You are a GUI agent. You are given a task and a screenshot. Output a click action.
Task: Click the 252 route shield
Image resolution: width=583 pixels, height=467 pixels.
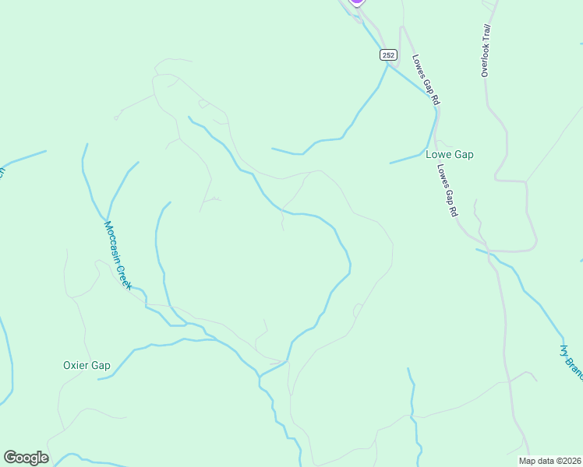[389, 54]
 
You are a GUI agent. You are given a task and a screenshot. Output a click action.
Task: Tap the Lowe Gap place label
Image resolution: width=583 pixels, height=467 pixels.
[450, 154]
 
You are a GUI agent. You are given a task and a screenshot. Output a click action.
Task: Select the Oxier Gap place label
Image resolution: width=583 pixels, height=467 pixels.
[87, 365]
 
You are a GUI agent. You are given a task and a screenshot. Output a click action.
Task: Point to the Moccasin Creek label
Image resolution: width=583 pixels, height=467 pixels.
[118, 255]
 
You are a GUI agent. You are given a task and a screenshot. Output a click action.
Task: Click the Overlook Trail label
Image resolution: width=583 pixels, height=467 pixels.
[486, 51]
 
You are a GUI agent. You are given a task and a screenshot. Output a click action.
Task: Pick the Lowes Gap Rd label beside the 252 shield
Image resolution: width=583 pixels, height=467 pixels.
[426, 79]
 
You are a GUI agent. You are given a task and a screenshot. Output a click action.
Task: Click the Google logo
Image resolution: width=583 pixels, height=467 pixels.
[26, 458]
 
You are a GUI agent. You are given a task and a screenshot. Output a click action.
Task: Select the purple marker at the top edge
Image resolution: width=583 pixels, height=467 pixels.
[356, 2]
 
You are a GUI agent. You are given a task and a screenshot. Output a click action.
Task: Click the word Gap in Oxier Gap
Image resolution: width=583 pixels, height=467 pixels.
[101, 365]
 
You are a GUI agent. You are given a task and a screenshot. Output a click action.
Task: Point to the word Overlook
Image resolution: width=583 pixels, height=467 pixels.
[485, 61]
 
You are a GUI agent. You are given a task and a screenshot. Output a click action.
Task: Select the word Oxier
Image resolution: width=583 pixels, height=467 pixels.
[76, 365]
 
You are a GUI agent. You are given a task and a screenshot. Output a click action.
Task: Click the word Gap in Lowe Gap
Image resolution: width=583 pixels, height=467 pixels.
[465, 154]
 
